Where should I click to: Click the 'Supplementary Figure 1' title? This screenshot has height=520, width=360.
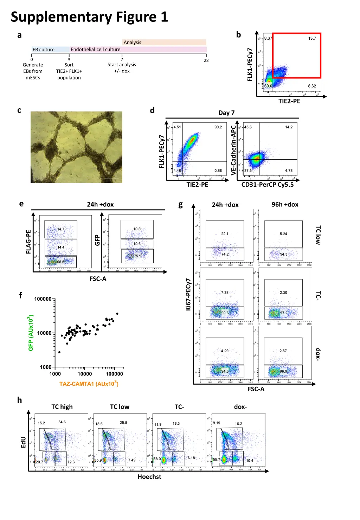[89, 17]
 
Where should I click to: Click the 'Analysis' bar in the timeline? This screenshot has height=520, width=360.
[132, 42]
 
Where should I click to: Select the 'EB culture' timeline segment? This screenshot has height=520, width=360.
[44, 50]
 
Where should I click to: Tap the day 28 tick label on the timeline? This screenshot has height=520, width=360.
[206, 60]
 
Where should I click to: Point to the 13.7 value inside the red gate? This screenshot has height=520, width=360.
[312, 38]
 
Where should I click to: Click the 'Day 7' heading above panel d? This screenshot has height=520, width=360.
[226, 113]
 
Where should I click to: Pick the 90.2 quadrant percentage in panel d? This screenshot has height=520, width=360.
[218, 127]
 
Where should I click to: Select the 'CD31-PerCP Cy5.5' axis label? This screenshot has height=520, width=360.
[267, 185]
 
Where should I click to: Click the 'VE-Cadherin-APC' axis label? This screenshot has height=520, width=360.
[233, 150]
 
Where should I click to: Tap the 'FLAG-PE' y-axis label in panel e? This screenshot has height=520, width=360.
[28, 242]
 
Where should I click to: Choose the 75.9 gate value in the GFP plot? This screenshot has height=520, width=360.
[137, 256]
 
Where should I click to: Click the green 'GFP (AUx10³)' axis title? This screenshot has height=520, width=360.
[31, 333]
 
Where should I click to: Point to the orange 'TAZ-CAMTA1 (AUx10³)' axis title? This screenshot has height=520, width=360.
[89, 384]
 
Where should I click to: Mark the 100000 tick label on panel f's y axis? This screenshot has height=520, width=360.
[43, 299]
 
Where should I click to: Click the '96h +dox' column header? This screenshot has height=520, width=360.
[285, 205]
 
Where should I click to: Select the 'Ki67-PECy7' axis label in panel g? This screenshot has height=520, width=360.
[188, 294]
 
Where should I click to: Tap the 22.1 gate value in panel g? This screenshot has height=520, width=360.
[225, 234]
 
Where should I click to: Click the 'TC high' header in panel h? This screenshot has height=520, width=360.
[62, 407]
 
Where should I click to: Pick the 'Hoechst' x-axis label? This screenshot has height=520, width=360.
[149, 477]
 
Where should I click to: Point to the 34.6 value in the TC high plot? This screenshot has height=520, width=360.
[62, 422]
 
